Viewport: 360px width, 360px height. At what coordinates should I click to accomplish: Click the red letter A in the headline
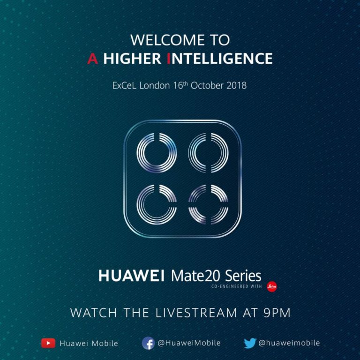pyautogui.click(x=92, y=59)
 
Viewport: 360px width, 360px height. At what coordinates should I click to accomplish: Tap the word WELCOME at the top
pyautogui.click(x=168, y=40)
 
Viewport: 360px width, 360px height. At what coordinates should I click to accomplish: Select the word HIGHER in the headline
pyautogui.click(x=132, y=59)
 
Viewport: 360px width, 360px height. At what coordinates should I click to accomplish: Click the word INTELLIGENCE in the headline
pyautogui.click(x=219, y=59)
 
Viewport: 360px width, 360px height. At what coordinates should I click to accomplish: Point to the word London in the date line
pyautogui.click(x=155, y=86)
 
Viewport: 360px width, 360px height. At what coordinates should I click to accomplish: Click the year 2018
pyautogui.click(x=236, y=86)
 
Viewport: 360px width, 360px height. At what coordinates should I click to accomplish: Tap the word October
pyautogui.click(x=207, y=86)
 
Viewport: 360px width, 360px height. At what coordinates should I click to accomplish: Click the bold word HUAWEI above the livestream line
pyautogui.click(x=131, y=276)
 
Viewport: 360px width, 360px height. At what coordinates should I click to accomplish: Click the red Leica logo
pyautogui.click(x=272, y=286)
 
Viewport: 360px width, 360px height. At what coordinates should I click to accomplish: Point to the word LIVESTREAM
pyautogui.click(x=196, y=313)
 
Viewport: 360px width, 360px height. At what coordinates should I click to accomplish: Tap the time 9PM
pyautogui.click(x=277, y=313)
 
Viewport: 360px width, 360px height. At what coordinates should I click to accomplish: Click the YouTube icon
pyautogui.click(x=48, y=343)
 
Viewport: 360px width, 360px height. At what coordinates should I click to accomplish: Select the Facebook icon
pyautogui.click(x=148, y=343)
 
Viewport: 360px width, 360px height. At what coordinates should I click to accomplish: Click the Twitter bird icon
pyautogui.click(x=250, y=343)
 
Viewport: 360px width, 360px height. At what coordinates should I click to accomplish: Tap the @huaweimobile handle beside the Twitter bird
pyautogui.click(x=289, y=343)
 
